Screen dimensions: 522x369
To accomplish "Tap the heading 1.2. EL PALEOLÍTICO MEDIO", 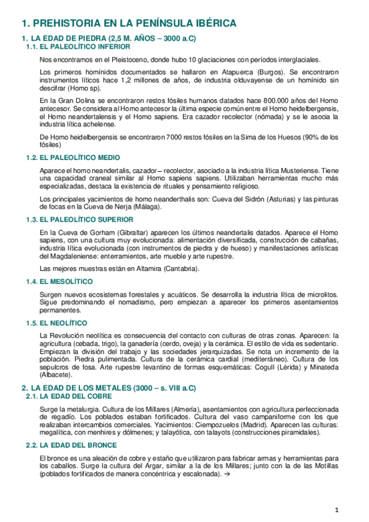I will coord(73,158).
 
